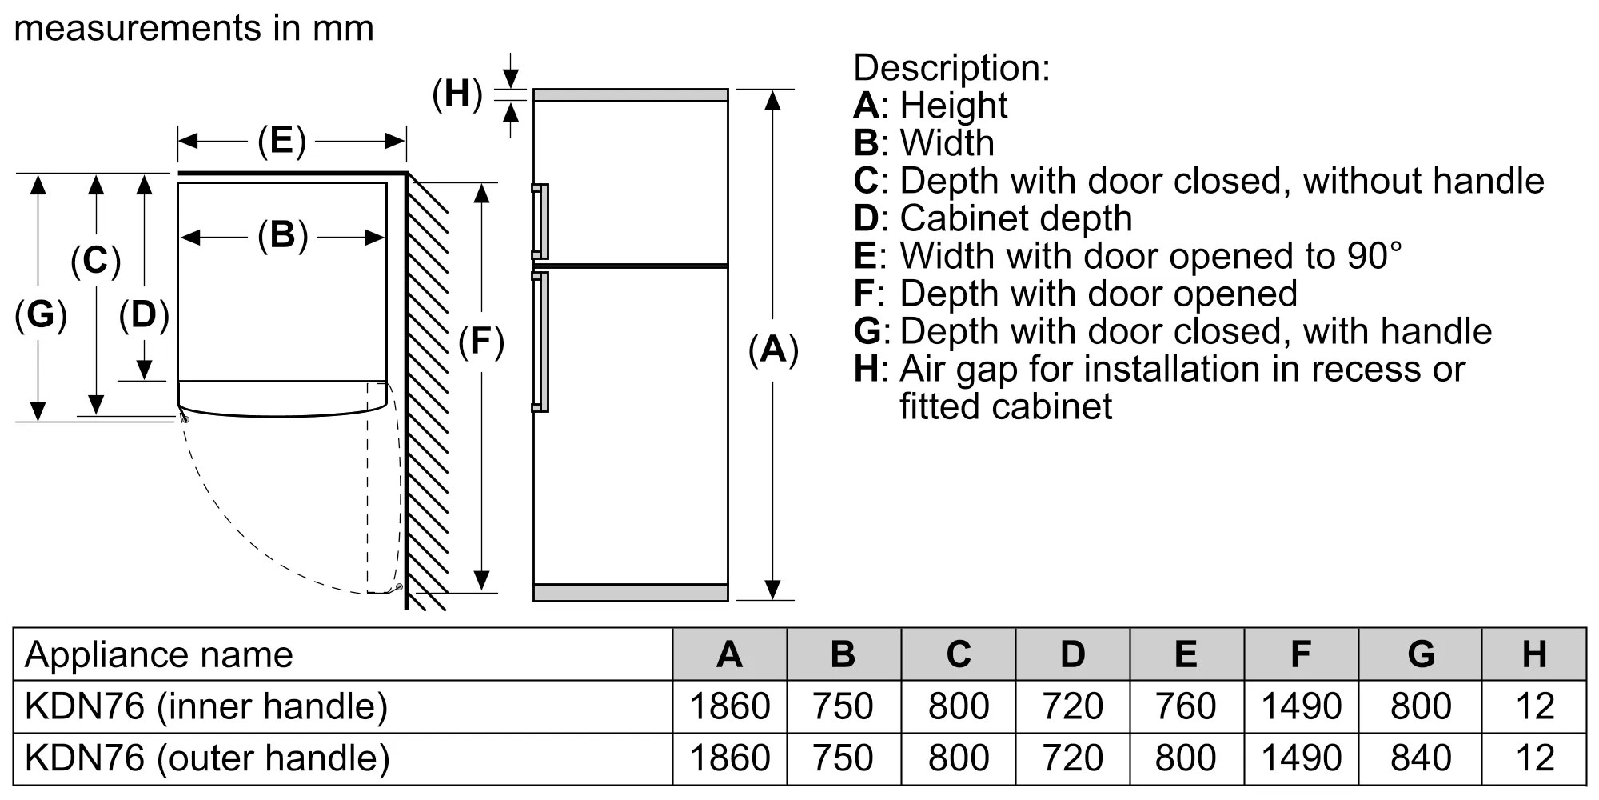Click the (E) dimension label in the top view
pyautogui.click(x=281, y=141)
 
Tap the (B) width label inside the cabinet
pyautogui.click(x=282, y=236)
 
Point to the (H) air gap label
pyautogui.click(x=457, y=94)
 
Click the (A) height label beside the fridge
pyautogui.click(x=772, y=350)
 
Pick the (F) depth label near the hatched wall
pyautogui.click(x=480, y=342)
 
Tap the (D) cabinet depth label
pyautogui.click(x=144, y=314)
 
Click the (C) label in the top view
pyautogui.click(x=95, y=261)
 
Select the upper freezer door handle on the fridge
pyautogui.click(x=541, y=222)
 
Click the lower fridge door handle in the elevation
pyautogui.click(x=541, y=342)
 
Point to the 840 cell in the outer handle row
pyautogui.click(x=1420, y=758)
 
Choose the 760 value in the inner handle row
pyautogui.click(x=1185, y=706)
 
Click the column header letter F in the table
pyautogui.click(x=1300, y=654)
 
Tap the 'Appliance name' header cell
pyautogui.click(x=159, y=654)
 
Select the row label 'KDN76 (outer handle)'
pyautogui.click(x=207, y=758)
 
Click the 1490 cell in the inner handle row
pyautogui.click(x=1300, y=706)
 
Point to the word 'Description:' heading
pyautogui.click(x=951, y=67)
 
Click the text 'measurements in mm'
pyautogui.click(x=194, y=29)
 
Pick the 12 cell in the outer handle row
pyautogui.click(x=1533, y=758)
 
